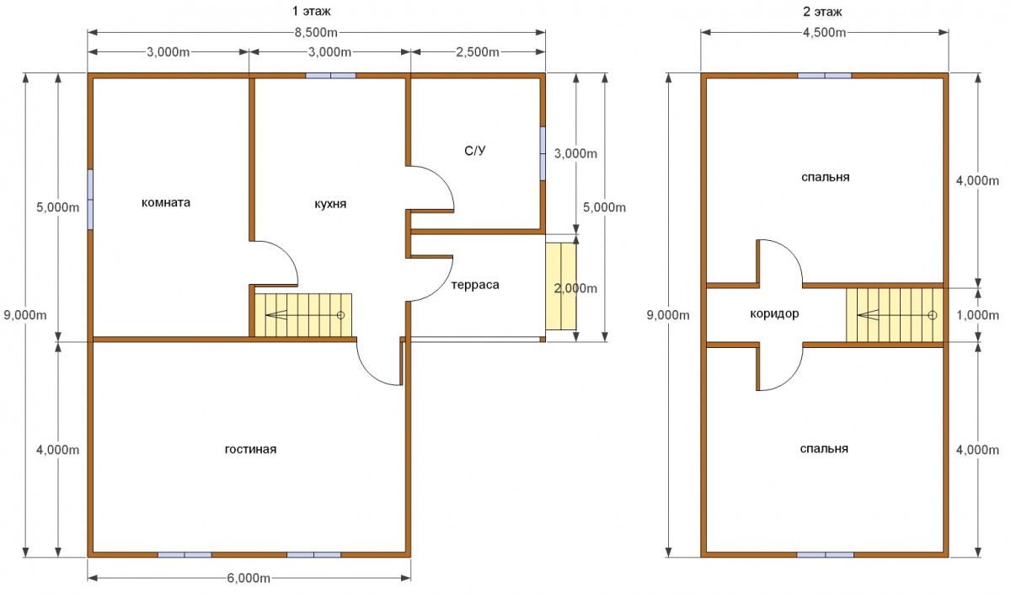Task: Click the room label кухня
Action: pyautogui.click(x=330, y=204)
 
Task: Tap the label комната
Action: pyautogui.click(x=166, y=203)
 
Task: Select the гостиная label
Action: pyautogui.click(x=250, y=449)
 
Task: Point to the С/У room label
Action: pyautogui.click(x=475, y=150)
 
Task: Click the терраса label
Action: pyautogui.click(x=475, y=285)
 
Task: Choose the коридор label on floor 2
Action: pyautogui.click(x=774, y=313)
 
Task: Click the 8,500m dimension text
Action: pyautogui.click(x=316, y=33)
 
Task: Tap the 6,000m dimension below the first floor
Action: pyautogui.click(x=249, y=578)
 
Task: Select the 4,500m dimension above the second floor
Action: pyautogui.click(x=824, y=33)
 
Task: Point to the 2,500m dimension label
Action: pyautogui.click(x=478, y=52)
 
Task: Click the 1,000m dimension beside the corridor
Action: pyautogui.click(x=977, y=315)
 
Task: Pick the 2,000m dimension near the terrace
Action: pyautogui.click(x=575, y=288)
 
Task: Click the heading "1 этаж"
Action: pyautogui.click(x=312, y=11)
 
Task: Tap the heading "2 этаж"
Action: pyautogui.click(x=822, y=12)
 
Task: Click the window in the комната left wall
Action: pyautogui.click(x=90, y=200)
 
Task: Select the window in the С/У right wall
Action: pyautogui.click(x=543, y=153)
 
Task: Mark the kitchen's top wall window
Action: pyautogui.click(x=331, y=75)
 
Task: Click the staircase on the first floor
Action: pyautogui.click(x=303, y=315)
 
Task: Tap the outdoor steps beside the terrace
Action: pyautogui.click(x=561, y=286)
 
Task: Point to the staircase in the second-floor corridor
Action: pyautogui.click(x=895, y=315)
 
